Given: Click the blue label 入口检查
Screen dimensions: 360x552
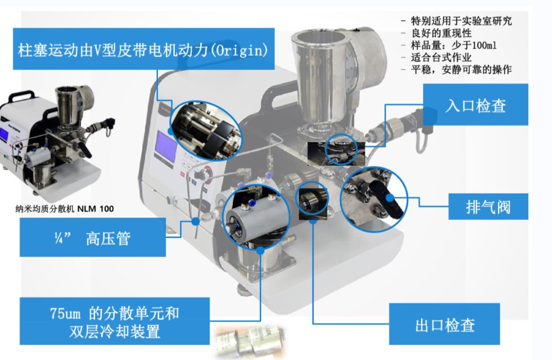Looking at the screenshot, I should pos(475,105).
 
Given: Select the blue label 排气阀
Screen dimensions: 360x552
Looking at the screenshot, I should pos(488,207).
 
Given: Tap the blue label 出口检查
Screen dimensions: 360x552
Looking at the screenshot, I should pos(445,325).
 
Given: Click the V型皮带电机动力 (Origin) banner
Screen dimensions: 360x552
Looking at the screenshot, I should pos(143,49).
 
